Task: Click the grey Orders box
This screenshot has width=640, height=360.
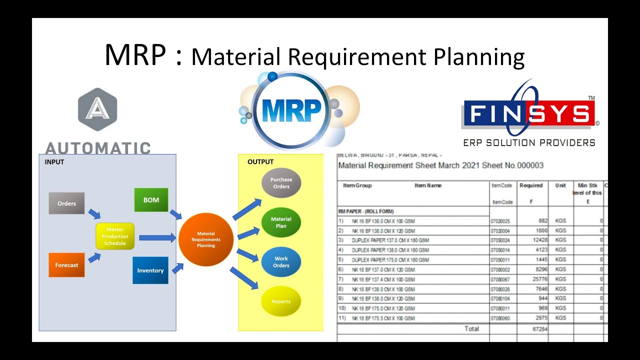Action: (x=66, y=203)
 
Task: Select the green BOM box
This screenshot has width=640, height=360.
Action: (x=151, y=200)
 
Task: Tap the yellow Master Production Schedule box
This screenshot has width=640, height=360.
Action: (x=115, y=236)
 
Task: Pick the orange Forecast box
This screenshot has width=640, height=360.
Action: (x=66, y=265)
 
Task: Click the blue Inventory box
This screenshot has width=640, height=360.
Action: (x=150, y=270)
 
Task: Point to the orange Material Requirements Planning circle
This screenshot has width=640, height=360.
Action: (x=206, y=239)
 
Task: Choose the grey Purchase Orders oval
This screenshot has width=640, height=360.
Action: (x=281, y=183)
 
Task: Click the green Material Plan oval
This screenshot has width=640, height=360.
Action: (x=281, y=222)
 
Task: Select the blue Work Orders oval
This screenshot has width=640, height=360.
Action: (x=281, y=262)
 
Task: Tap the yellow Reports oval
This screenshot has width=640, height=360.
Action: (x=281, y=301)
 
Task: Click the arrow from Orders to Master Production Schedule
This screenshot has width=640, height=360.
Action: (x=94, y=214)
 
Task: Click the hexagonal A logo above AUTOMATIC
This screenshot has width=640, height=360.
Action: (x=97, y=109)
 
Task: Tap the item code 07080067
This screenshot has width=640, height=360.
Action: (x=501, y=279)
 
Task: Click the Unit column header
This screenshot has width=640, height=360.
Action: (x=560, y=185)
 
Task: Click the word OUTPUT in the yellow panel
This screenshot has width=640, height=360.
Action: (x=260, y=162)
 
